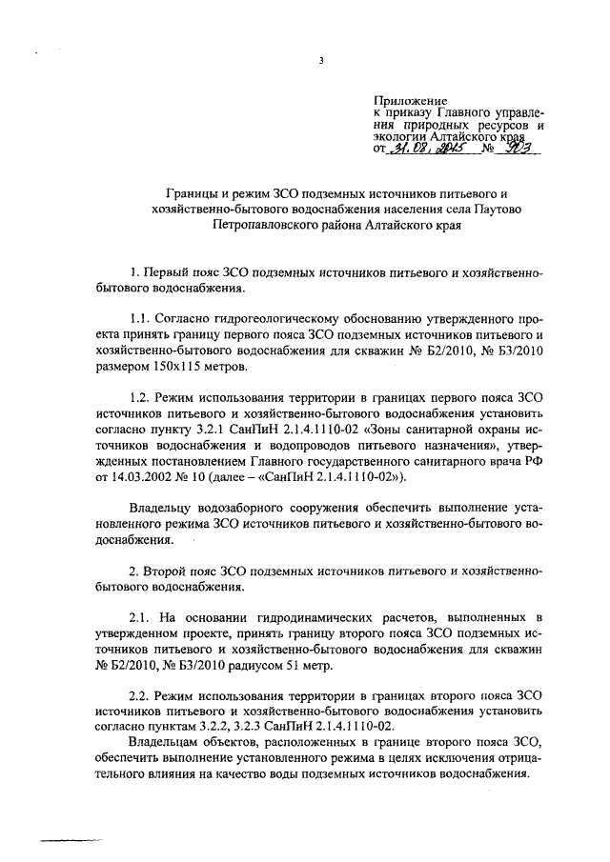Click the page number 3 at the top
(x=322, y=63)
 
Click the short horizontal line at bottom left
(x=61, y=840)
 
